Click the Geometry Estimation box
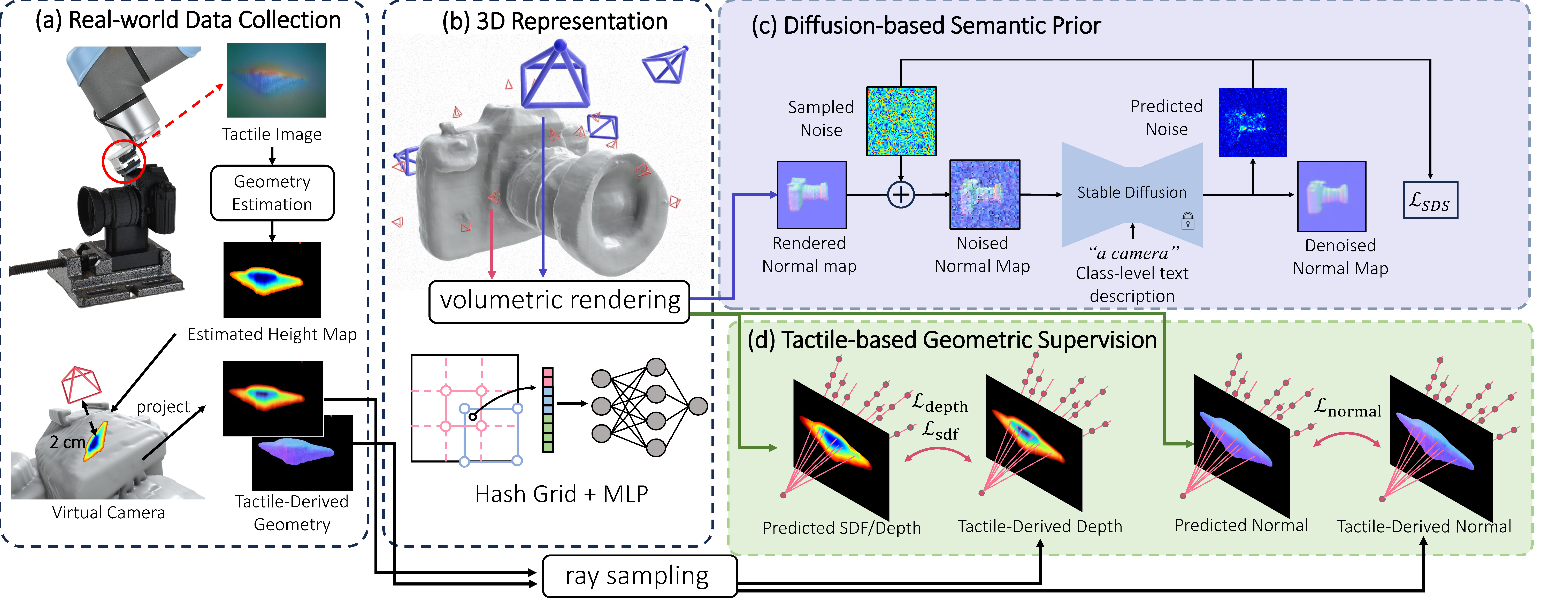pyautogui.click(x=272, y=193)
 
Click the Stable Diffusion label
pyautogui.click(x=1132, y=192)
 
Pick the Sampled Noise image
pyautogui.click(x=901, y=121)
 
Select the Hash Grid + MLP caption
pyautogui.click(x=561, y=494)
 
